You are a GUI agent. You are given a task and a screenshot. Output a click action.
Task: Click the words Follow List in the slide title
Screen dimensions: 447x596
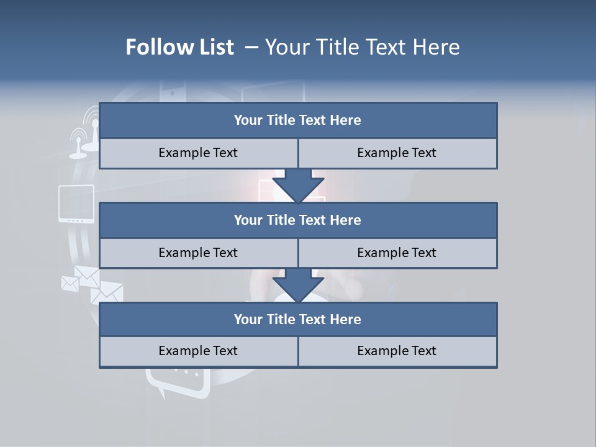coord(180,47)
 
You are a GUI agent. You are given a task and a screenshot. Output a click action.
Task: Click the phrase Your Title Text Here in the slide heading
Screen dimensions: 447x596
coord(363,47)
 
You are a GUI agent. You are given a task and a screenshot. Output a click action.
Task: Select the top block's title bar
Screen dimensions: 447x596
coord(298,120)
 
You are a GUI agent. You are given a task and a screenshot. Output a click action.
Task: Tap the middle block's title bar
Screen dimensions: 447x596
coord(298,220)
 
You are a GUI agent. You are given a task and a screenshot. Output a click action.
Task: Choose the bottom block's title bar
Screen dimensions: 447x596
coord(298,319)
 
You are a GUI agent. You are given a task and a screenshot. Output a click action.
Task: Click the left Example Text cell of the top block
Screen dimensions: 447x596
coord(198,153)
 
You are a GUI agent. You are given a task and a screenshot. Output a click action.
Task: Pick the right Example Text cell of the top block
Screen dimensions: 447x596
coord(397,153)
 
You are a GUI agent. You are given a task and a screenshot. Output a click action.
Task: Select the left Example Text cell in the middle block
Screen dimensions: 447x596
coord(198,253)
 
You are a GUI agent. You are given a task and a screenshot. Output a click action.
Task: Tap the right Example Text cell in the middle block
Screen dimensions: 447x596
coord(397,253)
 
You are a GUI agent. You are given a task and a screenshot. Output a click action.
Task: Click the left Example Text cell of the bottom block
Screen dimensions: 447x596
coord(198,351)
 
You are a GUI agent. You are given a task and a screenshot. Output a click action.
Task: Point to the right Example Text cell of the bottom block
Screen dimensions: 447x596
coord(397,351)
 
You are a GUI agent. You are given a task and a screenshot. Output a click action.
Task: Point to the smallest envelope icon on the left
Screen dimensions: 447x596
coord(70,283)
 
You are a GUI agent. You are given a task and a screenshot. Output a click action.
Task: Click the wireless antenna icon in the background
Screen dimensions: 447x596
coord(87,130)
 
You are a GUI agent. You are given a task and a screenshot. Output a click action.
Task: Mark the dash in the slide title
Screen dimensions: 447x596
coord(252,47)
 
